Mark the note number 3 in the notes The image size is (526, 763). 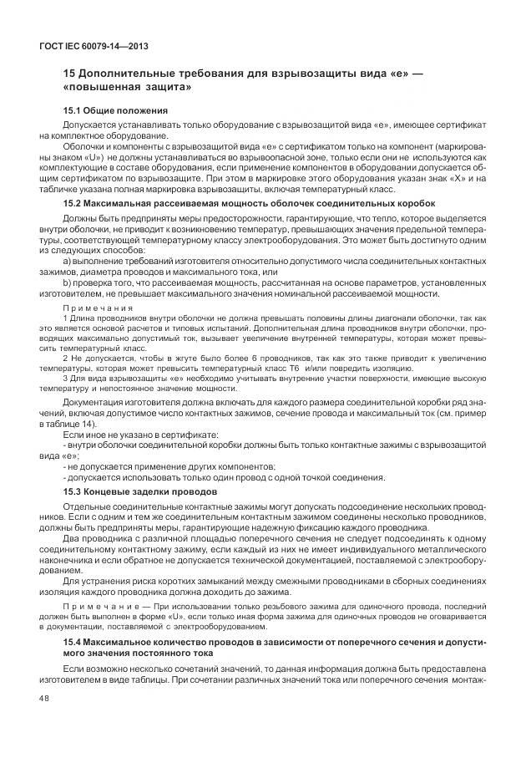(x=65, y=379)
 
